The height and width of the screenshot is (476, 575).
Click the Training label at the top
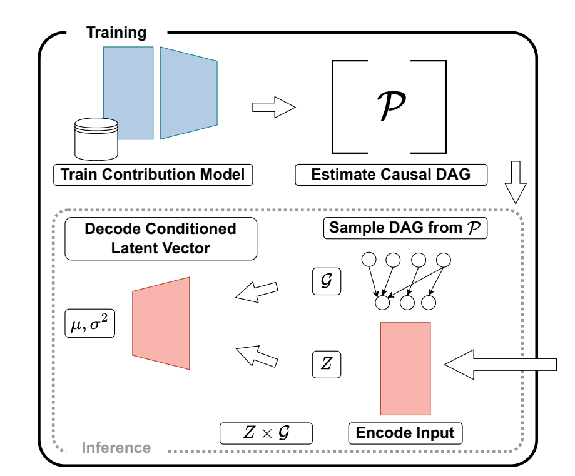click(x=116, y=33)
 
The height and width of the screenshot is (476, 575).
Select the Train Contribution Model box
click(x=153, y=175)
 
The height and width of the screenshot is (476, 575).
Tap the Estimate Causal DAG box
click(x=391, y=175)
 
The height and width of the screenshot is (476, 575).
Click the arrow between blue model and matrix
click(x=273, y=107)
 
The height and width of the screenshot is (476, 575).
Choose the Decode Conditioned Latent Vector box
click(x=161, y=238)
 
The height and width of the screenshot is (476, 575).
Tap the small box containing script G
click(x=326, y=282)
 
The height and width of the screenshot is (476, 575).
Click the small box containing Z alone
click(x=326, y=364)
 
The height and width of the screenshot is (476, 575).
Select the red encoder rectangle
click(x=405, y=368)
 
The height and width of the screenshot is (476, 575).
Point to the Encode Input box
click(x=405, y=432)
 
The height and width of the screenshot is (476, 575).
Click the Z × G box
click(x=266, y=432)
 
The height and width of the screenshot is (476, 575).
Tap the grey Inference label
click(x=116, y=448)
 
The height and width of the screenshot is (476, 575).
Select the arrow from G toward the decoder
click(x=256, y=289)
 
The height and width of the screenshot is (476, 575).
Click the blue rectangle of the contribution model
click(x=128, y=93)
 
